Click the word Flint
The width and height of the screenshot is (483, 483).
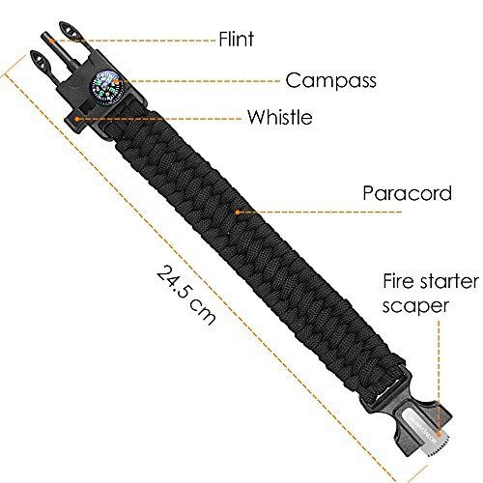[236, 39]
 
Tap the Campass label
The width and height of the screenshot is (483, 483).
[331, 80]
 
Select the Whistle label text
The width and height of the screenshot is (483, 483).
[279, 117]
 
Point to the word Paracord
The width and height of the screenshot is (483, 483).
[408, 193]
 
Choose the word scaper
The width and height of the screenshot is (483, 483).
[415, 307]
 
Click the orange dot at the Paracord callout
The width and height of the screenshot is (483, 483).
[238, 213]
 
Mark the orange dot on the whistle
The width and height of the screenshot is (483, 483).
[77, 119]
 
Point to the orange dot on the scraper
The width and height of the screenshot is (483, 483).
[439, 432]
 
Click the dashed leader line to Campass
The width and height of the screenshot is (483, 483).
[198, 81]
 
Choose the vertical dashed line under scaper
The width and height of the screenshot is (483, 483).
[439, 376]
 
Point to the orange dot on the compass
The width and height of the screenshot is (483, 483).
[116, 81]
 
